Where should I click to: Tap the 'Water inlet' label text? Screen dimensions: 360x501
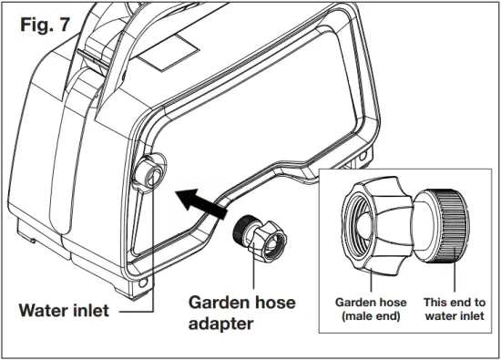(x=64, y=311)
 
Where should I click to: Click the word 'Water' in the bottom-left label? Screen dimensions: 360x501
(x=42, y=311)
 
